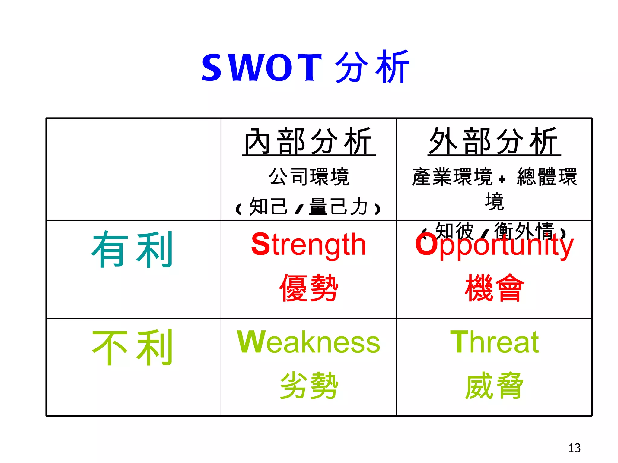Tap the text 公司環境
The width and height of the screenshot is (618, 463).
click(309, 177)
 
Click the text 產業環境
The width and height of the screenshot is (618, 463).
click(452, 177)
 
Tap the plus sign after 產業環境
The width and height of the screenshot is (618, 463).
click(502, 179)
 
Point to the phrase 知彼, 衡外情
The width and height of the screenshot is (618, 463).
click(494, 231)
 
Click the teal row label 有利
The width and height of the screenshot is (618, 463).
click(132, 250)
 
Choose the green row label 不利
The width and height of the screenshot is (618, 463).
click(132, 347)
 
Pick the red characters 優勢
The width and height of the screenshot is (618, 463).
click(308, 288)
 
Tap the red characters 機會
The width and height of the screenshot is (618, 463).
click(494, 288)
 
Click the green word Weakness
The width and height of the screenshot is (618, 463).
click(308, 342)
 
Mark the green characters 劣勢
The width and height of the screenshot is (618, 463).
click(308, 386)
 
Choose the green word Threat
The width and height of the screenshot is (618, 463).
click(494, 342)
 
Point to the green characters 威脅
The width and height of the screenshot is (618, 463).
click(494, 386)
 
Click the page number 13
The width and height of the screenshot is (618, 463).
click(574, 448)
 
